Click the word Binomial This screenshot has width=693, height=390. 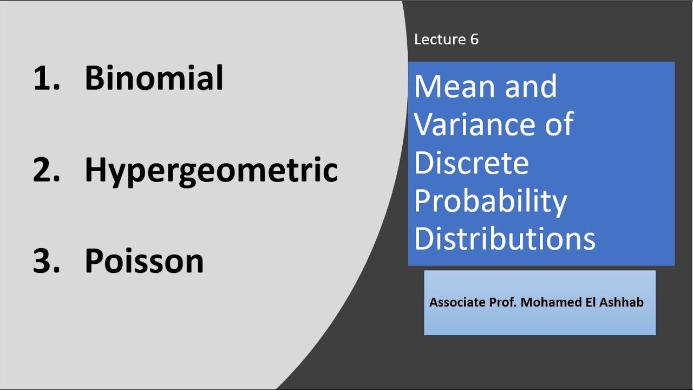coord(154,78)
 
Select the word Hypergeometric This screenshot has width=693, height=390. coord(211,171)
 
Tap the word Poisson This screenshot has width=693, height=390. coord(144,262)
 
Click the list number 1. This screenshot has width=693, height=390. coord(45,78)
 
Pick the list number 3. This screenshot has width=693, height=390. coord(45,262)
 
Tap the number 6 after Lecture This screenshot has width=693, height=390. coord(474,40)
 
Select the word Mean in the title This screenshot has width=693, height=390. coord(455,87)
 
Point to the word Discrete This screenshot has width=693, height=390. coord(471,162)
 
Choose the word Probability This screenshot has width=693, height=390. coord(491,201)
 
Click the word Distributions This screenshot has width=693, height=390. coord(505,239)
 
